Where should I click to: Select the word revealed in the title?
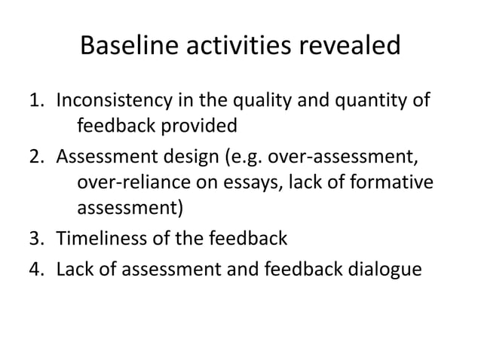pyautogui.click(x=352, y=47)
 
